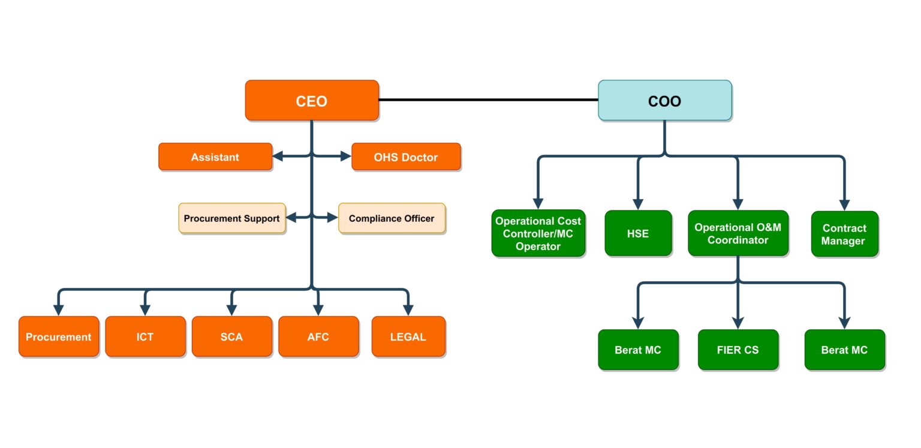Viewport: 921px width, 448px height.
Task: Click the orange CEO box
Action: pos(312,101)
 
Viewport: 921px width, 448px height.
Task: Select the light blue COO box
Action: pos(664,101)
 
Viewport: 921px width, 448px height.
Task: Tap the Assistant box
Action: pos(215,157)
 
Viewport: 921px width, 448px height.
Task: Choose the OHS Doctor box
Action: pos(406,157)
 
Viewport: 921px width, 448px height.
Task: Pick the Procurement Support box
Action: pos(231,218)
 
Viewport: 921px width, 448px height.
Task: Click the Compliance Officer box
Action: pos(392,218)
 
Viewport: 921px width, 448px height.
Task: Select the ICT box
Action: pos(145,336)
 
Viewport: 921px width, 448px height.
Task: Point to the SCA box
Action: pos(231,336)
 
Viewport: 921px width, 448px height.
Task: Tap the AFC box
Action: pos(318,336)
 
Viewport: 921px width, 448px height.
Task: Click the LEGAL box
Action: pos(408,336)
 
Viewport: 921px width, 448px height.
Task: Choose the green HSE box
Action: pos(638,233)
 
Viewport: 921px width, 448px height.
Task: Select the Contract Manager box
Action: pos(844,234)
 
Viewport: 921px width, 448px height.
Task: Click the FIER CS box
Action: pos(738,350)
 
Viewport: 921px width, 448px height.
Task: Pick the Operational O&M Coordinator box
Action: pos(738,233)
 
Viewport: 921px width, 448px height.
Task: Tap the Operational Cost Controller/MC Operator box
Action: pos(538,233)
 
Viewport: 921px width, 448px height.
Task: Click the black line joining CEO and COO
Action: pos(488,100)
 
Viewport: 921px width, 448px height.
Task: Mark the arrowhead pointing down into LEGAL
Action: pos(408,309)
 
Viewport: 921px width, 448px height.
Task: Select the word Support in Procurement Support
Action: pos(260,218)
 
